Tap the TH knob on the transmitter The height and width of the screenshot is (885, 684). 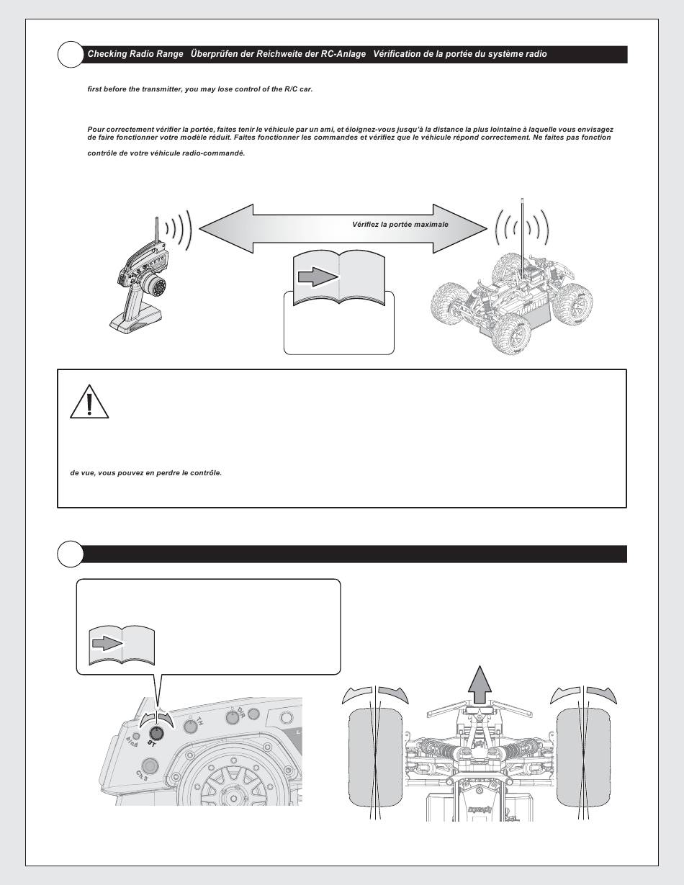[x=190, y=725]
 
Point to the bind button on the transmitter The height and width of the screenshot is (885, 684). [x=138, y=737]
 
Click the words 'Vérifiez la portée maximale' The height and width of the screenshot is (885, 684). [x=400, y=225]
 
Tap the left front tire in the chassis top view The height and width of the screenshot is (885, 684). [x=375, y=754]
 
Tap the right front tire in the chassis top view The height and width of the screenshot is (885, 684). [x=583, y=754]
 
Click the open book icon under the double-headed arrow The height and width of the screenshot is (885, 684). [x=339, y=278]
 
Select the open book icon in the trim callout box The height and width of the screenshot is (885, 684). [x=122, y=646]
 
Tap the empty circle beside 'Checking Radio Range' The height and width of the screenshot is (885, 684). [x=70, y=54]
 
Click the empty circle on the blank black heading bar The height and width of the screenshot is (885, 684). [x=70, y=554]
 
